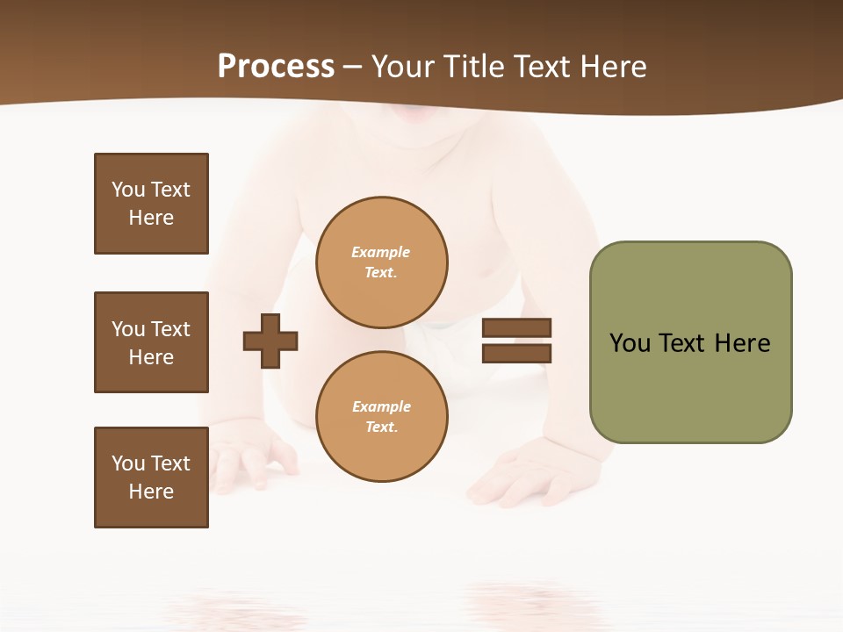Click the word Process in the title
coord(276,67)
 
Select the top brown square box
coord(151,204)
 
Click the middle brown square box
coord(151,342)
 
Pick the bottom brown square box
coord(151,478)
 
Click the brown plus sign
coord(270,341)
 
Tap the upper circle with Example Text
coord(382,262)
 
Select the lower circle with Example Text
coord(382,417)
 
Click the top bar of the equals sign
coord(516,328)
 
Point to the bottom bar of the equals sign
coord(516,354)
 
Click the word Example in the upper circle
coord(380,252)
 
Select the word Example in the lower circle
coord(381,406)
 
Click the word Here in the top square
coord(151,218)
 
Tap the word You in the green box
coord(629,343)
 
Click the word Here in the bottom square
coord(151,492)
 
